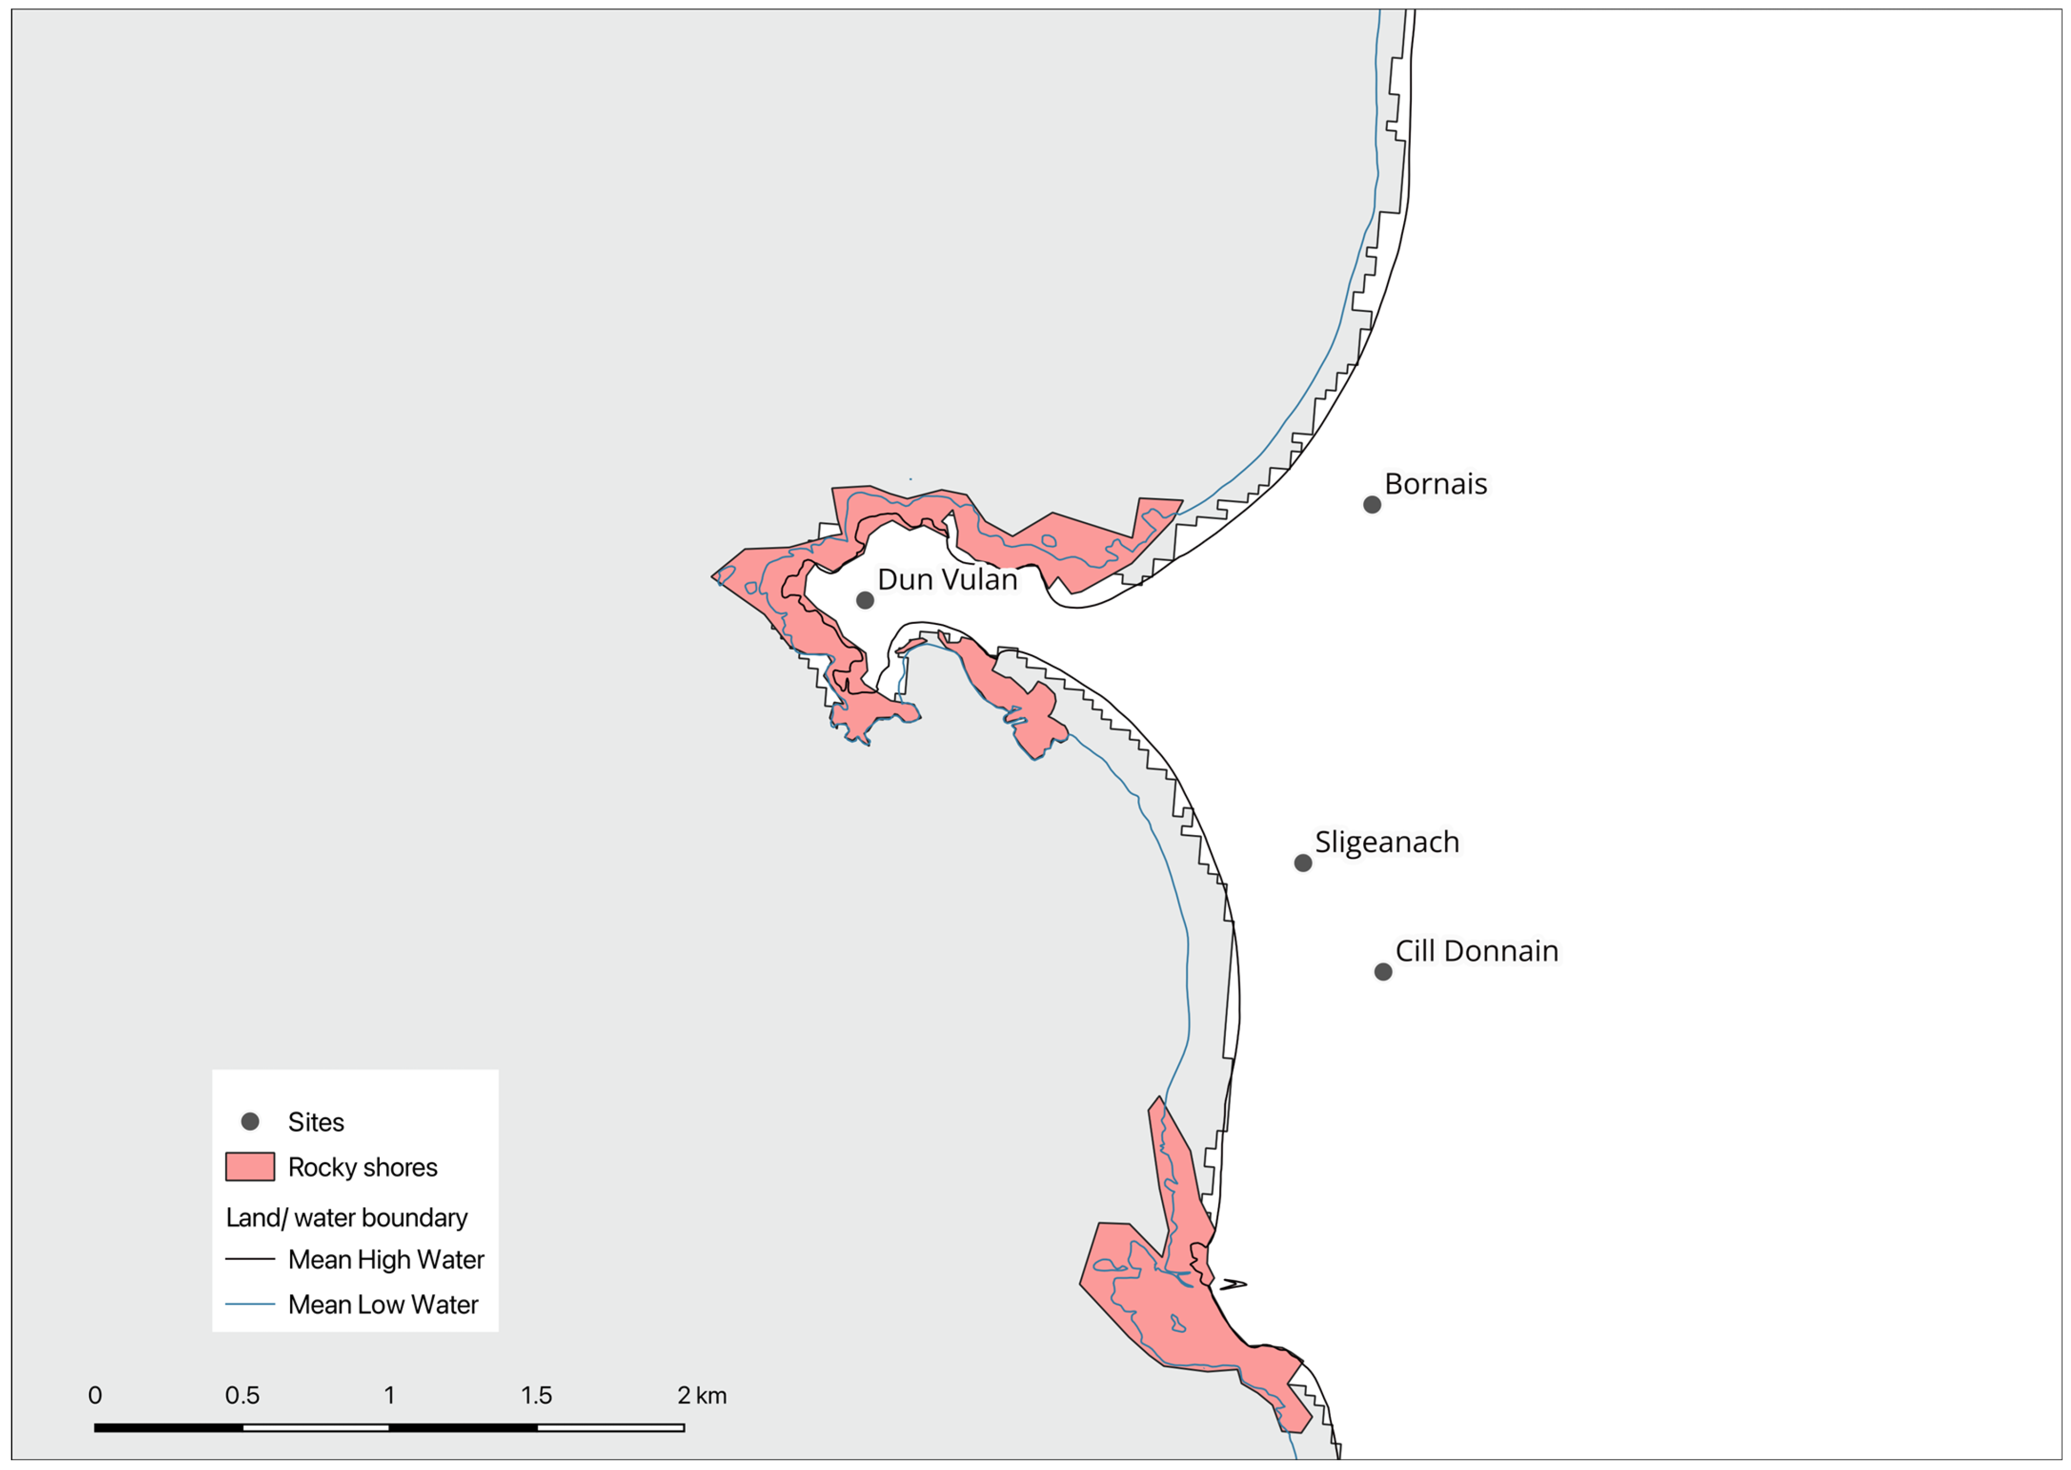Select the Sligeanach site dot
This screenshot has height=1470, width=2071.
(x=1302, y=863)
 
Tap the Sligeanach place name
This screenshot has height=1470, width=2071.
(x=1387, y=842)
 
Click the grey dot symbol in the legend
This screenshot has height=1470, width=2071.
(x=250, y=1122)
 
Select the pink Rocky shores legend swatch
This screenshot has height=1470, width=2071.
(x=250, y=1167)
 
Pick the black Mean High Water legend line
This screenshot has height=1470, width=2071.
(x=250, y=1259)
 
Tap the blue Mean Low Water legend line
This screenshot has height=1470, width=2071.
(x=250, y=1304)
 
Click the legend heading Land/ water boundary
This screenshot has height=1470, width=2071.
(x=347, y=1217)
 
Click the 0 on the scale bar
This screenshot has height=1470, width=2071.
(x=95, y=1395)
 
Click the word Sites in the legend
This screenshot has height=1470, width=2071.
(x=316, y=1123)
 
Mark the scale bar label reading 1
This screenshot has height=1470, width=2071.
(x=389, y=1395)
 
